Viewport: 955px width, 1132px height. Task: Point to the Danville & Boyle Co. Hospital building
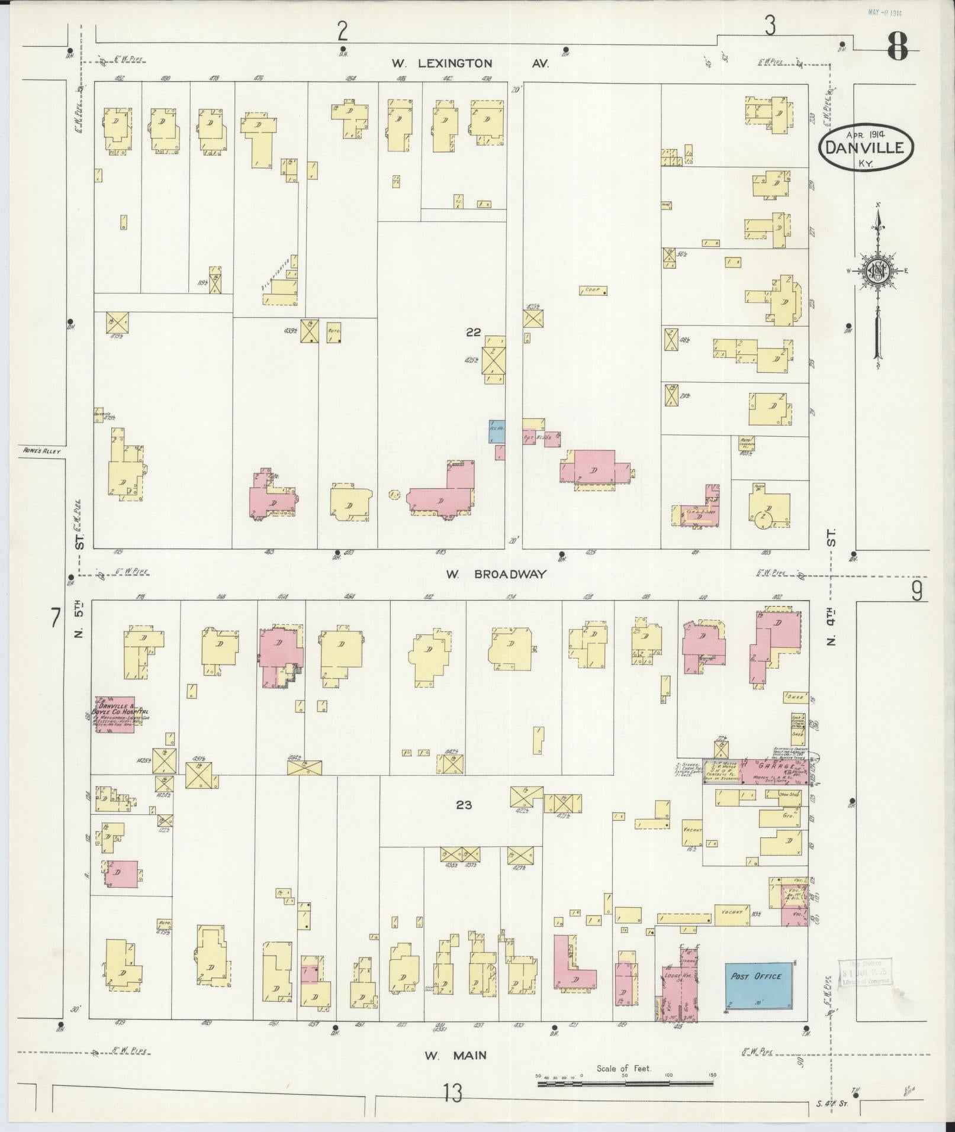coord(115,715)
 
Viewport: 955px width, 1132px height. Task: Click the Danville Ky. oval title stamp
coord(866,147)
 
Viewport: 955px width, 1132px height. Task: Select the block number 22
coord(473,333)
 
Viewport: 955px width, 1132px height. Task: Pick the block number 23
coord(464,805)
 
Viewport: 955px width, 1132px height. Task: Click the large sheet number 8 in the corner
coord(897,47)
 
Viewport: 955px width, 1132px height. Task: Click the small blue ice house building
coord(496,431)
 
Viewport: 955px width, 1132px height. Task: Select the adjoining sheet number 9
coord(916,591)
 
